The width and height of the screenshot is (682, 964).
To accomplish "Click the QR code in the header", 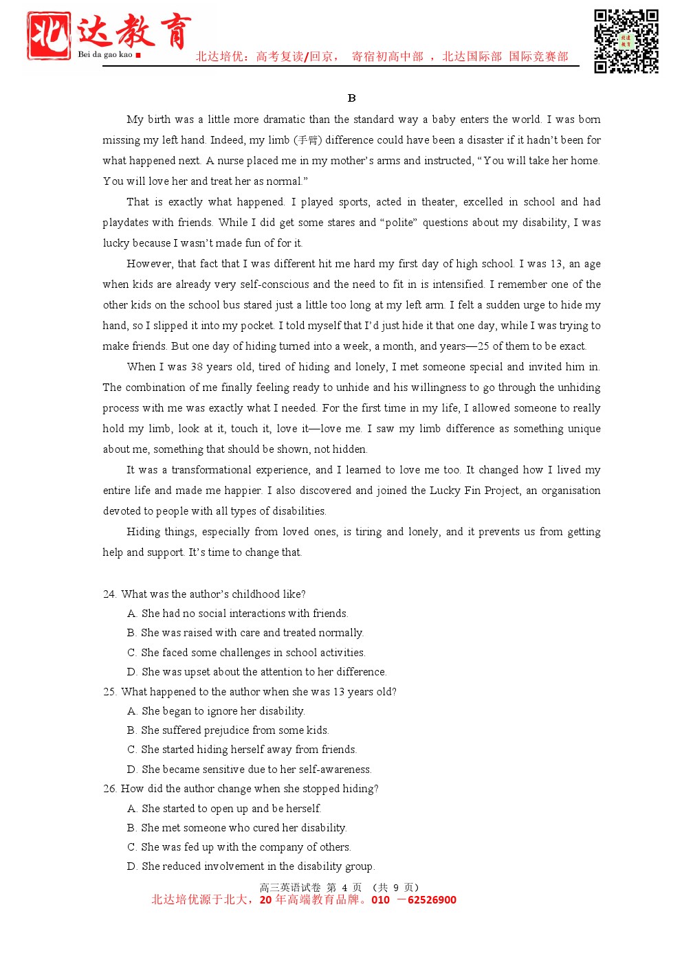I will [x=626, y=41].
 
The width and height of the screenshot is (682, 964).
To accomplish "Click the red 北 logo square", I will [x=49, y=36].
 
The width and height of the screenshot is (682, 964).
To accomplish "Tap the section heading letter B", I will [x=351, y=98].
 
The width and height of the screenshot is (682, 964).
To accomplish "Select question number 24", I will [x=109, y=594].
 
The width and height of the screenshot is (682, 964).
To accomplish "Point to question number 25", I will [x=109, y=692].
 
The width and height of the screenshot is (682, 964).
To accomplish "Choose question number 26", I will [x=109, y=789].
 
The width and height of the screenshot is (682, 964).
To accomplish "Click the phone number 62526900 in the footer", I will [x=432, y=900].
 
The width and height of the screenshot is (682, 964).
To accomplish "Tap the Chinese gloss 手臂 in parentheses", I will [x=307, y=140].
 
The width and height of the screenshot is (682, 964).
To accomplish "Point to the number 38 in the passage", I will [x=197, y=367].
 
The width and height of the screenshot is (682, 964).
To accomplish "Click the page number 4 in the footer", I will [x=344, y=888].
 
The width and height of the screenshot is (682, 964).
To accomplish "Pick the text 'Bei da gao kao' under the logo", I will [x=104, y=54].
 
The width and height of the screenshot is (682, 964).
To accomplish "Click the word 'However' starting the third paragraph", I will [x=148, y=264].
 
